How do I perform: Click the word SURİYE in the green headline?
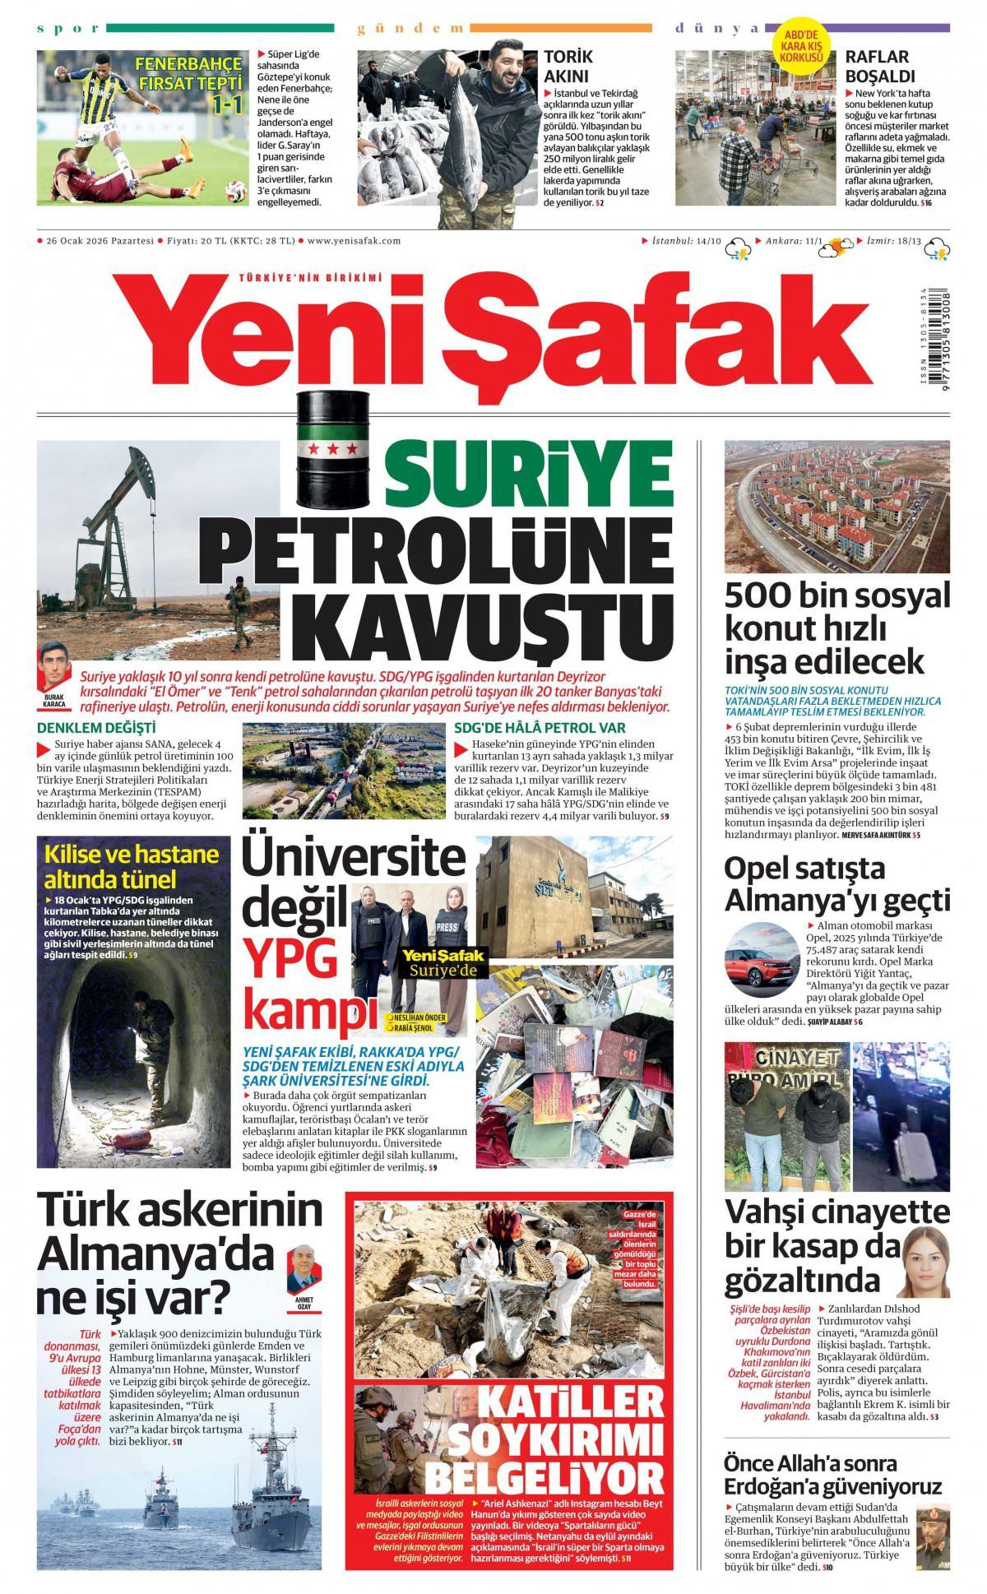coord(526,477)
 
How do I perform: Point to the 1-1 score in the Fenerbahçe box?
coord(227,104)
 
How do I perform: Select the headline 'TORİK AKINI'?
coord(568,67)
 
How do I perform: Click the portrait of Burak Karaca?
coord(54,665)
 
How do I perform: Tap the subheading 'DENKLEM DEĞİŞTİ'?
coord(96,728)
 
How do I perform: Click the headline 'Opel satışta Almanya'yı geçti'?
coord(836,883)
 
